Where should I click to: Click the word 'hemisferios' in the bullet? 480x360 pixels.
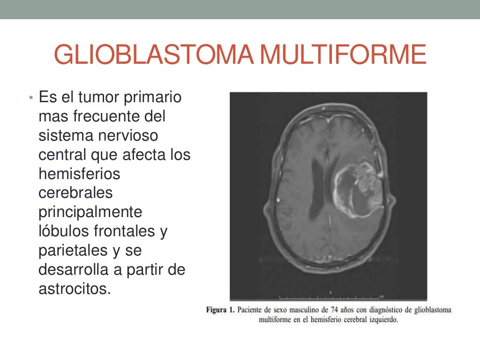(x=79, y=174)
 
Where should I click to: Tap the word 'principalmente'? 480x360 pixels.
(x=90, y=212)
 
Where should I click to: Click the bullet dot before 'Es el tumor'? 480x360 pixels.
(x=30, y=98)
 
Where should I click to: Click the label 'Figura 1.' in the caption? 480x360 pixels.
(x=220, y=310)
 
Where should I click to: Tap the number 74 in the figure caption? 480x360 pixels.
(x=334, y=310)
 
